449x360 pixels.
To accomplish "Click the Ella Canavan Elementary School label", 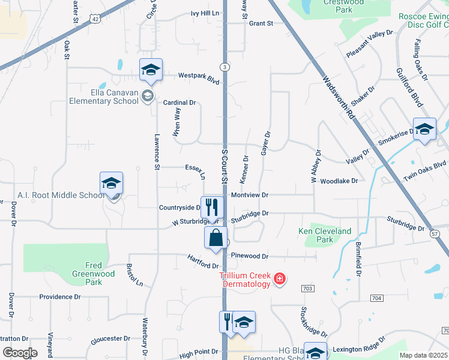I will coord(103,97).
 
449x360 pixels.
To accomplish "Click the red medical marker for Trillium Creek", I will coord(279,278).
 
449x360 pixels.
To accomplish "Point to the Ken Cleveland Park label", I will coord(325,235).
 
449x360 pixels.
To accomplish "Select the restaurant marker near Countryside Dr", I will coord(211,208).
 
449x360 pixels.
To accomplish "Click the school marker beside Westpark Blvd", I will coord(151,70).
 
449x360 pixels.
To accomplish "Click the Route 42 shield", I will coord(96,19).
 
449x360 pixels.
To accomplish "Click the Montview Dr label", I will coord(249,195).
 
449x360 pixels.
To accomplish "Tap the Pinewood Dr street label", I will coord(249,256).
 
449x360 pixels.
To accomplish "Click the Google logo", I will coord(19,353).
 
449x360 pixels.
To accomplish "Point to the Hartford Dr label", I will coord(203,261).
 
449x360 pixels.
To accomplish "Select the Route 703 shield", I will coord(308,289).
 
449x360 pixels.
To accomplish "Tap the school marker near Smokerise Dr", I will coord(424,130).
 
